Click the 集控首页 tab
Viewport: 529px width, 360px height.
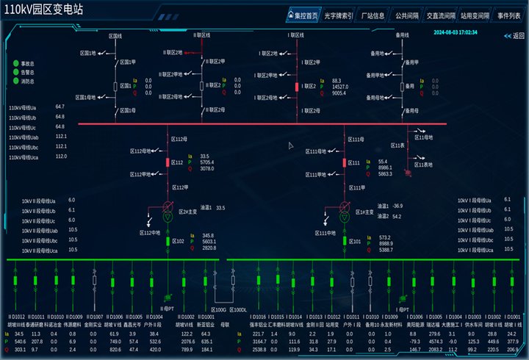(303, 15)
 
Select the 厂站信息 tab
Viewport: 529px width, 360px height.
(373, 15)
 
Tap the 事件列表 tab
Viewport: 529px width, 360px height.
(508, 15)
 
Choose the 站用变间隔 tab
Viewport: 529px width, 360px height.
(476, 15)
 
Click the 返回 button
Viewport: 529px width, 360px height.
(514, 36)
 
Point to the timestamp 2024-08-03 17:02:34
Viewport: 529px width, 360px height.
(456, 32)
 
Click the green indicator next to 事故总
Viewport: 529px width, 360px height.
(15, 63)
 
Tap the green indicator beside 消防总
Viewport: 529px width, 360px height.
(15, 81)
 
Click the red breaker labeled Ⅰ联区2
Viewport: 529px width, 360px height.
(298, 87)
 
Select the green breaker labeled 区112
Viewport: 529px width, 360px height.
(168, 162)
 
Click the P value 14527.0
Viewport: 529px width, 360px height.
(341, 87)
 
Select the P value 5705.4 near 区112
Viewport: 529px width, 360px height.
(207, 162)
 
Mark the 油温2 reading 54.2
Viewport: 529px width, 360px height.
(397, 217)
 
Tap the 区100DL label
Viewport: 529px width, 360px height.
(239, 309)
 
